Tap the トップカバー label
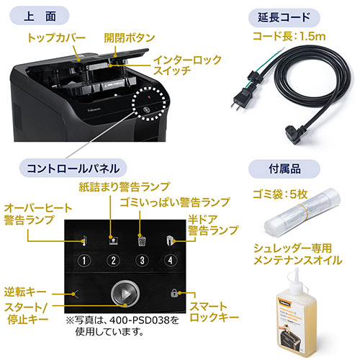(55, 37)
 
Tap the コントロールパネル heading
(73, 169)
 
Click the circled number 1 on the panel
(85, 261)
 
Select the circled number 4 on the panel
(170, 261)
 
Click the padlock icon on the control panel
(174, 294)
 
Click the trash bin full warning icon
(142, 240)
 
